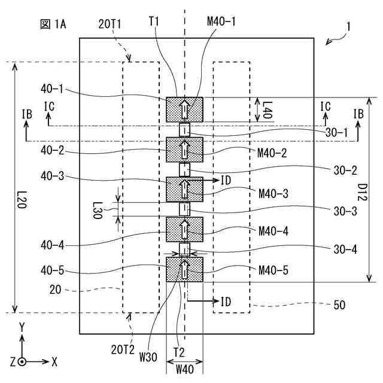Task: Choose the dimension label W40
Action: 184,369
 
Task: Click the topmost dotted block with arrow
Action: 184,110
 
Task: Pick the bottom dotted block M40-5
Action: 184,269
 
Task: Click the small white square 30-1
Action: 185,129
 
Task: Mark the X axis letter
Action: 54,362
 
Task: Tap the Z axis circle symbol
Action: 22,362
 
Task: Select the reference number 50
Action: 338,305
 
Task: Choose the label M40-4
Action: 273,230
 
